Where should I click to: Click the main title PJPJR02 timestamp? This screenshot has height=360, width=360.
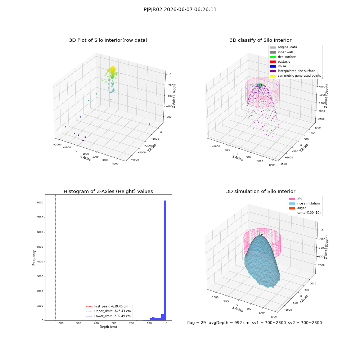(180, 9)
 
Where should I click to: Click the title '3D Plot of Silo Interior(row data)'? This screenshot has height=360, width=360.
(108, 40)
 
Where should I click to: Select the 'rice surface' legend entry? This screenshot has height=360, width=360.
(282, 57)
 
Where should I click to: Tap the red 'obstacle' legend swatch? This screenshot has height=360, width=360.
(273, 62)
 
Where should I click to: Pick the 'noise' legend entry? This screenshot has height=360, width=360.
(278, 66)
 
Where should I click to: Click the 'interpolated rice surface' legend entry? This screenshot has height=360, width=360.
(292, 71)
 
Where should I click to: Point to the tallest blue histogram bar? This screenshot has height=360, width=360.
(165, 260)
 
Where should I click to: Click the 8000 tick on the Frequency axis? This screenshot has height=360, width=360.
(40, 202)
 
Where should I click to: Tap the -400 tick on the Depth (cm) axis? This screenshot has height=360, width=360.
(95, 323)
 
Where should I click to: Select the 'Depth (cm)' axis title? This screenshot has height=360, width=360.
(108, 327)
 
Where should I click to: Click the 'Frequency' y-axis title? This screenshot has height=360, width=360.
(34, 258)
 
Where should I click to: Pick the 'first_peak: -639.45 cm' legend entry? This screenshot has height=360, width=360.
(107, 306)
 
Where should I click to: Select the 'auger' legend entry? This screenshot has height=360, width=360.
(297, 208)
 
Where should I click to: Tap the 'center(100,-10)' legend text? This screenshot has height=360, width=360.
(309, 213)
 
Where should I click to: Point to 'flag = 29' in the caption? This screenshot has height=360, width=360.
(196, 323)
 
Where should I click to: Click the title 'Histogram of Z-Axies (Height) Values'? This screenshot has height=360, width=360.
(108, 192)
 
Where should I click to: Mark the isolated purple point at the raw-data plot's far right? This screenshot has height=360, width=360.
(149, 124)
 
